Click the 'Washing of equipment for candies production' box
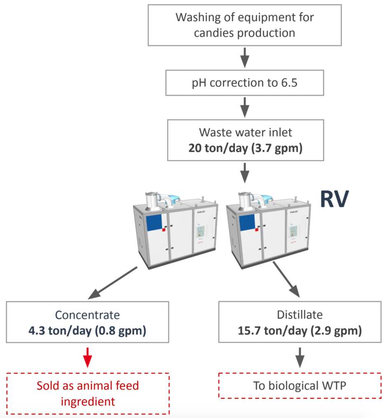[x=245, y=25]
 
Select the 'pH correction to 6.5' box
[x=245, y=83]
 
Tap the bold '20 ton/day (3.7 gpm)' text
[x=245, y=148]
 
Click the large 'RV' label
[x=334, y=199]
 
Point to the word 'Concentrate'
[x=87, y=315]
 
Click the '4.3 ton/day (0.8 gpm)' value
[x=87, y=331]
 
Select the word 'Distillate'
[x=300, y=315]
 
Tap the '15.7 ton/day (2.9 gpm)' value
[x=300, y=331]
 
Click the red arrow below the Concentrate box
[x=87, y=358]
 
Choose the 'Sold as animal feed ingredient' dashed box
[x=88, y=394]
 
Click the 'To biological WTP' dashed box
[x=300, y=386]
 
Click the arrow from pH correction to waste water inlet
[x=245, y=107]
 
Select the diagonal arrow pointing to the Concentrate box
[x=112, y=283]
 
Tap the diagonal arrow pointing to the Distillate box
[x=286, y=279]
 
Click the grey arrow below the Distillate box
[x=300, y=358]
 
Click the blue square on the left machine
[x=154, y=223]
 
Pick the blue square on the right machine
[x=247, y=223]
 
